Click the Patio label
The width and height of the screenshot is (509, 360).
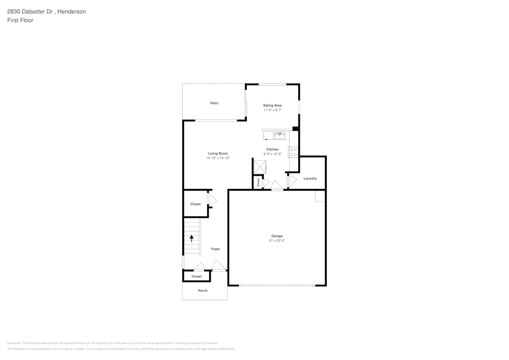point(214,103)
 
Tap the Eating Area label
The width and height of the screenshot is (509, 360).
point(272,105)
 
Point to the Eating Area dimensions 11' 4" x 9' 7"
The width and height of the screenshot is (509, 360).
point(272,110)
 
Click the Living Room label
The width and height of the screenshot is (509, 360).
point(218,153)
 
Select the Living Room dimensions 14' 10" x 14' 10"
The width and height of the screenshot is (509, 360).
point(218,158)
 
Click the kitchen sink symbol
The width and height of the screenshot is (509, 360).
point(279,135)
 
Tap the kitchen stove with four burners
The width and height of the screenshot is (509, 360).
point(293,152)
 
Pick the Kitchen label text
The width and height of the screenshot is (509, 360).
point(272,149)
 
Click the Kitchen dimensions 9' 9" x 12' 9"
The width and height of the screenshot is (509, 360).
point(272,154)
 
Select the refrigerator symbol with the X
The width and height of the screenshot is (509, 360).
point(260,167)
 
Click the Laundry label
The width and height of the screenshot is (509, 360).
point(310,178)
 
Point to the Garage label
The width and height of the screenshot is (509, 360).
point(277,236)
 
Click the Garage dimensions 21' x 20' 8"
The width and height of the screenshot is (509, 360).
point(277,240)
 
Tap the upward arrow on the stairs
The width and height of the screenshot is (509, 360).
point(192,237)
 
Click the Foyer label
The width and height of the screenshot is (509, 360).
point(216,249)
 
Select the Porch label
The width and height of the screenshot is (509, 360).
point(203,291)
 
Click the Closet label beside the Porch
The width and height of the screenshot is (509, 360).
point(196,276)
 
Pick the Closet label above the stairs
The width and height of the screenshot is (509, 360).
point(195,204)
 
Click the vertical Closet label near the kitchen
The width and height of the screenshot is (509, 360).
point(258,181)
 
